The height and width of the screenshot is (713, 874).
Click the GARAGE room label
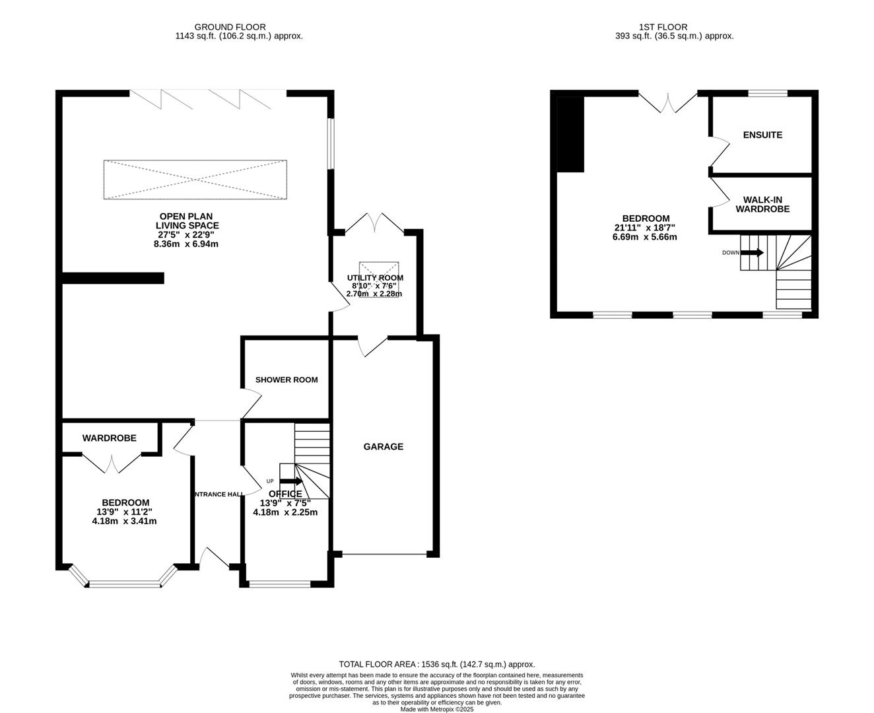383,447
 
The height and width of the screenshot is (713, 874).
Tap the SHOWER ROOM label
286,380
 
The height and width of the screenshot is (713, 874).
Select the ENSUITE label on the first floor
762,135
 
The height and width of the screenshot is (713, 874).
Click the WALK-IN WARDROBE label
762,204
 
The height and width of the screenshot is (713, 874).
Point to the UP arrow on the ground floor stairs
290,481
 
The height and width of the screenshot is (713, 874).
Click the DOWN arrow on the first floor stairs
752,252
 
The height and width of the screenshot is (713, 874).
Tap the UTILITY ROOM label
375,278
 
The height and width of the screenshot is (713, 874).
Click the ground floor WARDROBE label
109,438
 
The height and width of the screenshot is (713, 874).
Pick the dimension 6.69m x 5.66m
645,237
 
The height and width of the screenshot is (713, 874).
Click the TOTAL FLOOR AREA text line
436,664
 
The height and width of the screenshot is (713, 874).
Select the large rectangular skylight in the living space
195,179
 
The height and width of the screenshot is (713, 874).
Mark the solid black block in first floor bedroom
571,134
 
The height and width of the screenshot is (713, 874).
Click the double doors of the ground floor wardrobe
111,462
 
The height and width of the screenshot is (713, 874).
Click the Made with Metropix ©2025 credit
436,709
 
